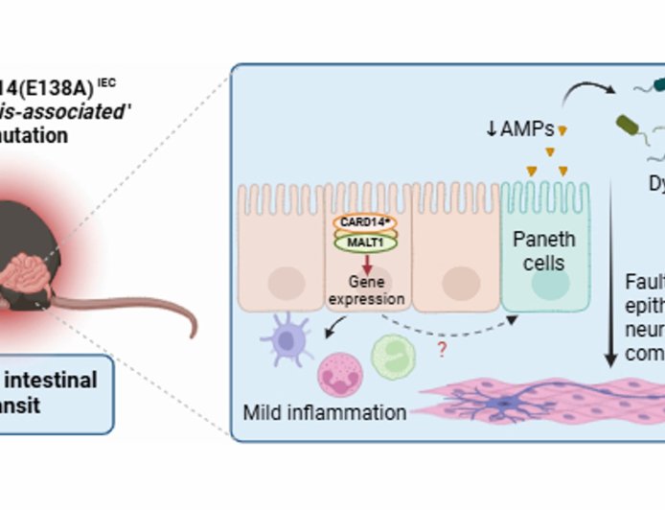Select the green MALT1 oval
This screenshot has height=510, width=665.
[363, 243]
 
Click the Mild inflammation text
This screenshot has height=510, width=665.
[325, 413]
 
